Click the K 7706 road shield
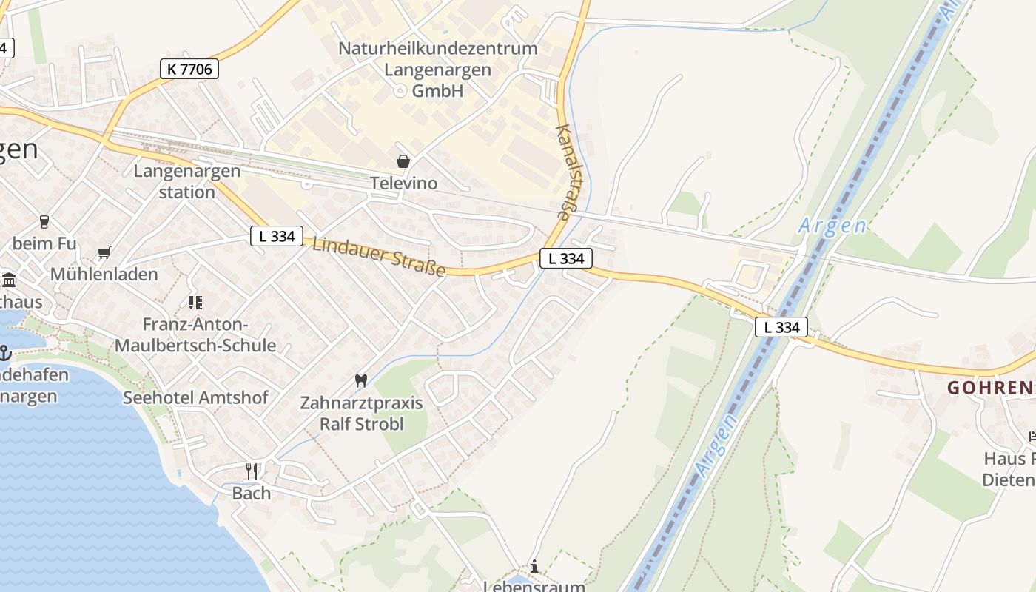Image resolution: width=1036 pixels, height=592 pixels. [189, 70]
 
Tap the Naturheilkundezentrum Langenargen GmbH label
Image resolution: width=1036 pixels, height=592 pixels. [437, 70]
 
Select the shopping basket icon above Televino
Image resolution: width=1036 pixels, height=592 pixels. [403, 161]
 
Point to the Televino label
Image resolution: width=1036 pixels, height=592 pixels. [403, 183]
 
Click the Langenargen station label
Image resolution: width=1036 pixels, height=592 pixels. [186, 181]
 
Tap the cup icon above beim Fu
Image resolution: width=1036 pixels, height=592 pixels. [44, 221]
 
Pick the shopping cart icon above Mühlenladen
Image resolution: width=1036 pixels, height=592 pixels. [104, 253]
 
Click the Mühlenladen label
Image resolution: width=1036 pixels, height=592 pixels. [104, 275]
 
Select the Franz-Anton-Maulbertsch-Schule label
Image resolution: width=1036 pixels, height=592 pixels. [195, 334]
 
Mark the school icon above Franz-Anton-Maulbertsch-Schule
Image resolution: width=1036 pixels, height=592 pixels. [195, 302]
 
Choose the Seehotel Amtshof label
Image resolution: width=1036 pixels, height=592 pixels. [195, 397]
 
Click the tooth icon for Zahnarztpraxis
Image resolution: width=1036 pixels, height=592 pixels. [361, 381]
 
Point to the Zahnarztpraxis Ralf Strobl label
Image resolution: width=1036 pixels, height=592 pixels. [361, 414]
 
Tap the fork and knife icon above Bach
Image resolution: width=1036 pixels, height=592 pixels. [252, 471]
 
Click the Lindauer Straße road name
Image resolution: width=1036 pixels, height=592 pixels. [379, 256]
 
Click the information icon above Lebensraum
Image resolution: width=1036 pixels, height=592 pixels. [534, 566]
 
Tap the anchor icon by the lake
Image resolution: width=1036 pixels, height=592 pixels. [4, 353]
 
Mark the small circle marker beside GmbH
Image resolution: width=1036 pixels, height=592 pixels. [400, 91]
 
